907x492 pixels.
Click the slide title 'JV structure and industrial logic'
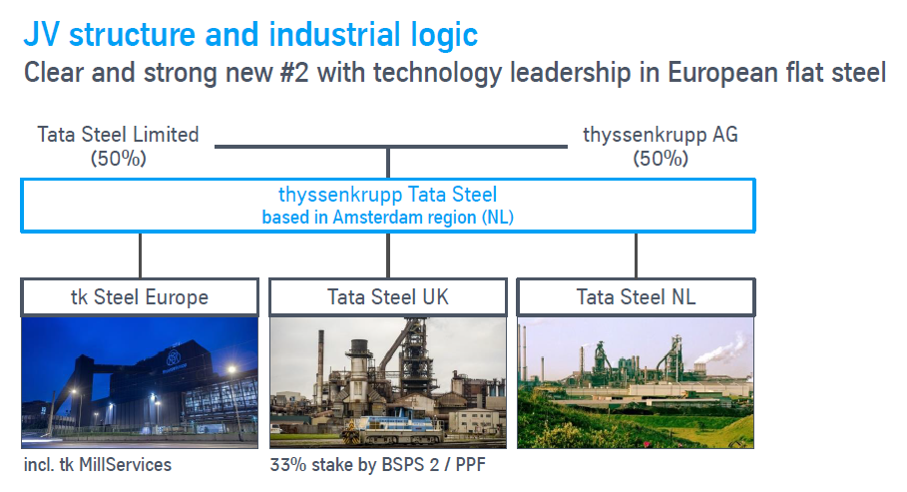[250, 34]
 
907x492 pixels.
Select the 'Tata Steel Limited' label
[118, 135]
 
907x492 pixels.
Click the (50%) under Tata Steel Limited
[118, 158]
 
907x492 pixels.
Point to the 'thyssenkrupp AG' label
[661, 135]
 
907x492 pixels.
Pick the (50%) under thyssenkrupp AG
[661, 158]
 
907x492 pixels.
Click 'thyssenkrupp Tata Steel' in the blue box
[387, 195]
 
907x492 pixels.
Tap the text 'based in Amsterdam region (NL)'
[387, 218]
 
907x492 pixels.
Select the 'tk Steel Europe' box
[140, 297]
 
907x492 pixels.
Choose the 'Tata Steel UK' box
[387, 297]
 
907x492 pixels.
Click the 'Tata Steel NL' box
[636, 297]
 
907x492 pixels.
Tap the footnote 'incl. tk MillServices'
[98, 465]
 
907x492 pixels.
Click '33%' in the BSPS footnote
[288, 465]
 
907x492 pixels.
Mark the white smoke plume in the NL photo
[719, 349]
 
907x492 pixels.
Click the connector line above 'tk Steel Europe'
[140, 255]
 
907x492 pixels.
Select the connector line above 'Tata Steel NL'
[636, 255]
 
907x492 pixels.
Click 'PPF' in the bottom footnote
[470, 465]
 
